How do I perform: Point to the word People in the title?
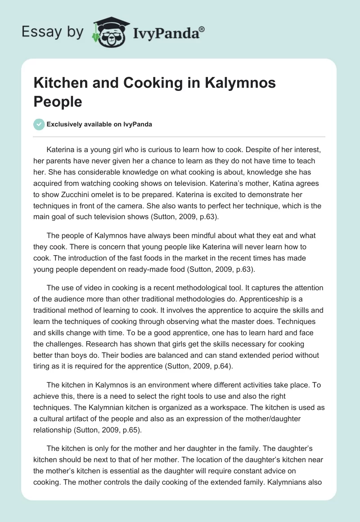click(58, 102)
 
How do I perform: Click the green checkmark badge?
click(39, 124)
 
